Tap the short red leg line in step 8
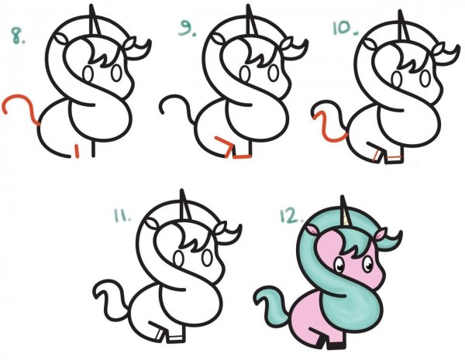(x=78, y=150)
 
